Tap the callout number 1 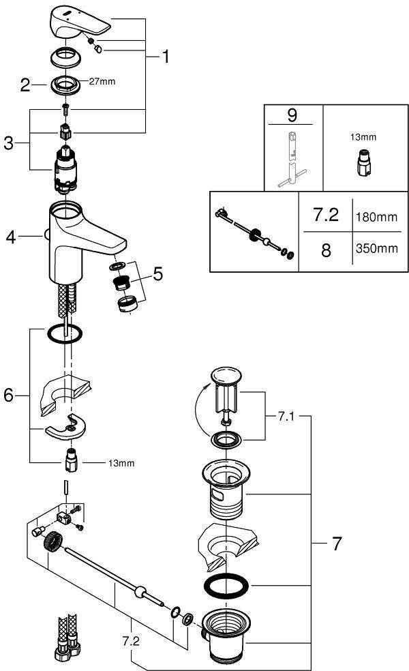tap(164, 57)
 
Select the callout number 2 tap(25, 85)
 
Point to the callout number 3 tap(8, 143)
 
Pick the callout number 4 tap(10, 237)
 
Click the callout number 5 tap(158, 274)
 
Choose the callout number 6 tap(9, 394)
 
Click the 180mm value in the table tap(376, 217)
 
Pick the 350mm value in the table tap(376, 249)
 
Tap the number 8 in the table tap(325, 250)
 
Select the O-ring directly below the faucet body tap(65, 335)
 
